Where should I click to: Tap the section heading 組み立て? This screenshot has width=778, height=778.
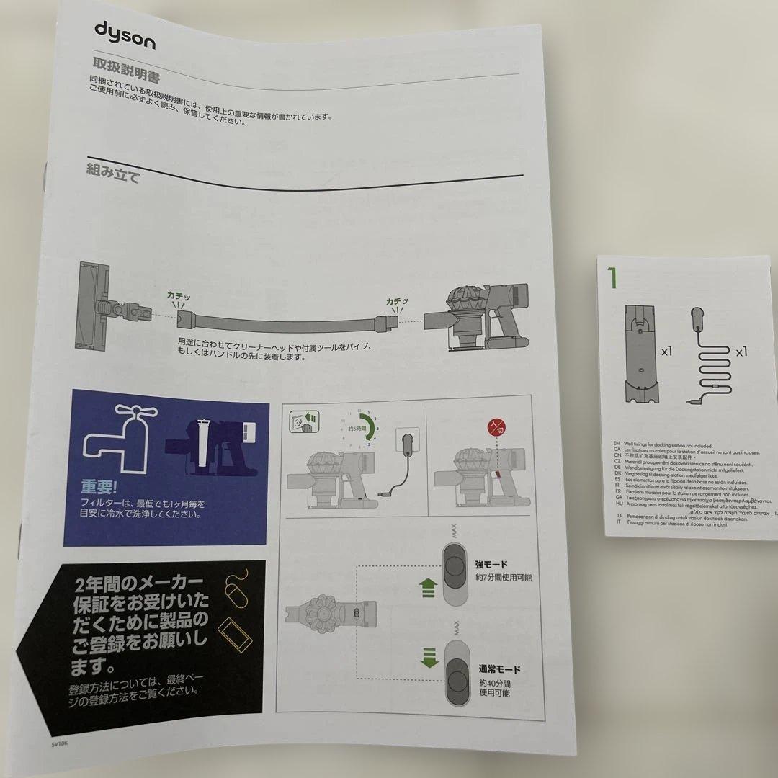(x=113, y=173)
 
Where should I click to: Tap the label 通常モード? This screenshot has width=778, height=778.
(x=498, y=669)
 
